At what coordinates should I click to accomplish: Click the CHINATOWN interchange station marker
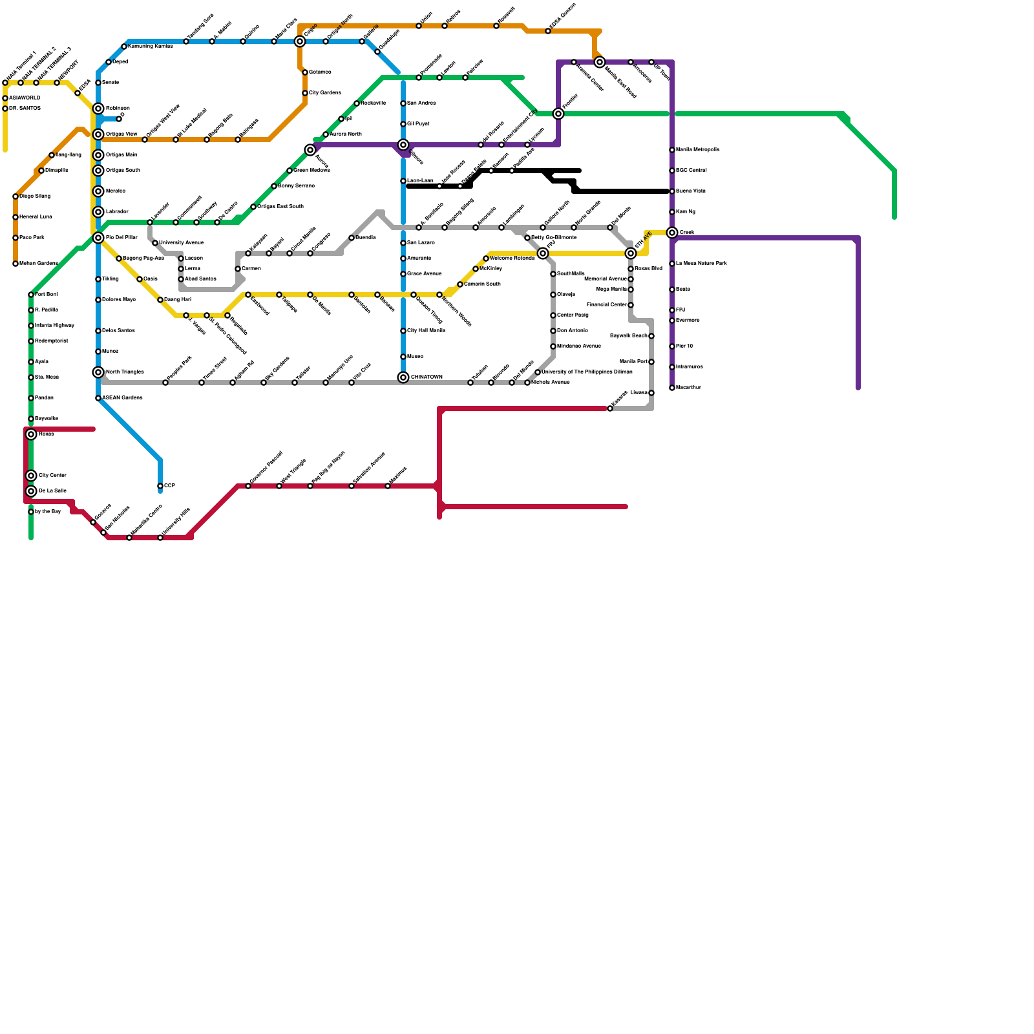point(403,377)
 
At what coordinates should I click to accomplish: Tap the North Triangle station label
point(125,372)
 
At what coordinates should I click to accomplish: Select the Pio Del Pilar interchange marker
point(98,238)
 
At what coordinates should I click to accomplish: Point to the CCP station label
point(169,485)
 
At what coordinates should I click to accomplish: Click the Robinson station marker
point(98,109)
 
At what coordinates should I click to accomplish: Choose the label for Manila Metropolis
point(697,150)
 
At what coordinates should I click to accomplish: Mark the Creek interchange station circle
point(672,233)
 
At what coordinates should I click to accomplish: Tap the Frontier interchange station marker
point(558,114)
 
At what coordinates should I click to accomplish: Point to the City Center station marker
point(31,476)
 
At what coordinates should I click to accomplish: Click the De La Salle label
point(52,491)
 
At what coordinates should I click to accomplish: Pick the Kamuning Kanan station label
point(151,47)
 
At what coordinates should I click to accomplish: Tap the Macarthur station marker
point(672,388)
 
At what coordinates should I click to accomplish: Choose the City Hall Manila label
point(426,331)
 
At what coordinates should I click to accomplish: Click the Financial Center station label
point(606,305)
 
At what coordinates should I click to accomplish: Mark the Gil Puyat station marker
point(403,124)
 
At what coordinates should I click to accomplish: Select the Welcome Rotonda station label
point(512,258)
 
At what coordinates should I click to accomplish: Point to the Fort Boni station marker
point(31,295)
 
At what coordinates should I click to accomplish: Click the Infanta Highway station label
point(54,326)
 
